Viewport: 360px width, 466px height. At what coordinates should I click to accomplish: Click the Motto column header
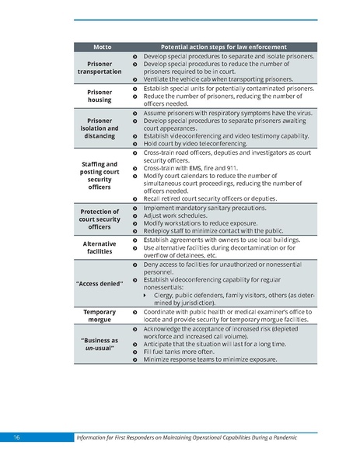click(101, 47)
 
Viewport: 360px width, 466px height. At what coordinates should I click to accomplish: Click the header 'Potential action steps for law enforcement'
click(223, 47)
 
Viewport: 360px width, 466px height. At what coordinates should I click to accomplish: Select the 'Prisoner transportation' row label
click(100, 67)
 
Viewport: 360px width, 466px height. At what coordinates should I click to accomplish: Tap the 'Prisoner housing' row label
click(100, 96)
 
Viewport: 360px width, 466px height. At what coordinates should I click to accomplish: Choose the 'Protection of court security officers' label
click(100, 219)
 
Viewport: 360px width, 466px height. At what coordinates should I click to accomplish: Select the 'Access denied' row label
click(100, 282)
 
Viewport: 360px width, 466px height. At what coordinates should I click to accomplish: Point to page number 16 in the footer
click(16, 440)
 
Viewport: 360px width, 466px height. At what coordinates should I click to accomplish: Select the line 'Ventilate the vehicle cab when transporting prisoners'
click(218, 79)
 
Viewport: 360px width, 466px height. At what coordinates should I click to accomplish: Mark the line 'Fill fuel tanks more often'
click(183, 352)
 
